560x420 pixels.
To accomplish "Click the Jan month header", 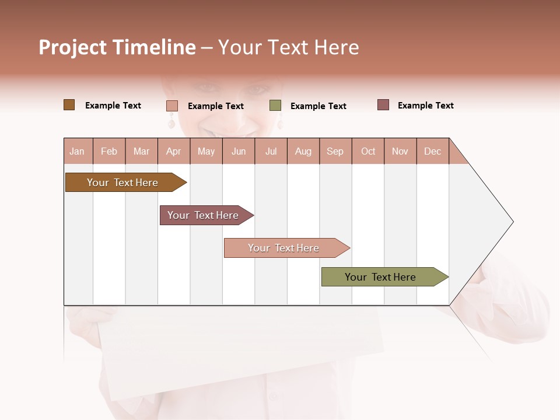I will pyautogui.click(x=77, y=151).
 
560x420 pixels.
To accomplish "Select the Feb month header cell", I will pyautogui.click(x=109, y=151).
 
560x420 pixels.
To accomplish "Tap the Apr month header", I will pyautogui.click(x=173, y=151).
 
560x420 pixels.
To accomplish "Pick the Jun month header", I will pyautogui.click(x=239, y=151).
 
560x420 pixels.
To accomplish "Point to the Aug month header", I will pyautogui.click(x=303, y=151).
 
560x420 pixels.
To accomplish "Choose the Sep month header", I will pyautogui.click(x=335, y=151).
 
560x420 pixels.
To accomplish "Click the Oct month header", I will pyautogui.click(x=368, y=151).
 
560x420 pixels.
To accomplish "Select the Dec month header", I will pyautogui.click(x=432, y=151).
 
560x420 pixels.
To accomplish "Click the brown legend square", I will pyautogui.click(x=69, y=105).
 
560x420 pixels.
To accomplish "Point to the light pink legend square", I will pyautogui.click(x=171, y=106).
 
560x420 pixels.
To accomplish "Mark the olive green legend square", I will pyautogui.click(x=275, y=106).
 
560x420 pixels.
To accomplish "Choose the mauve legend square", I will pyautogui.click(x=383, y=105).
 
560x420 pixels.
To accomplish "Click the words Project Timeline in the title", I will pyautogui.click(x=117, y=47).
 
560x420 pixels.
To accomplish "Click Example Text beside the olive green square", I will pyautogui.click(x=318, y=106).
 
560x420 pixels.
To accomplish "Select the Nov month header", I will pyautogui.click(x=400, y=151).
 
